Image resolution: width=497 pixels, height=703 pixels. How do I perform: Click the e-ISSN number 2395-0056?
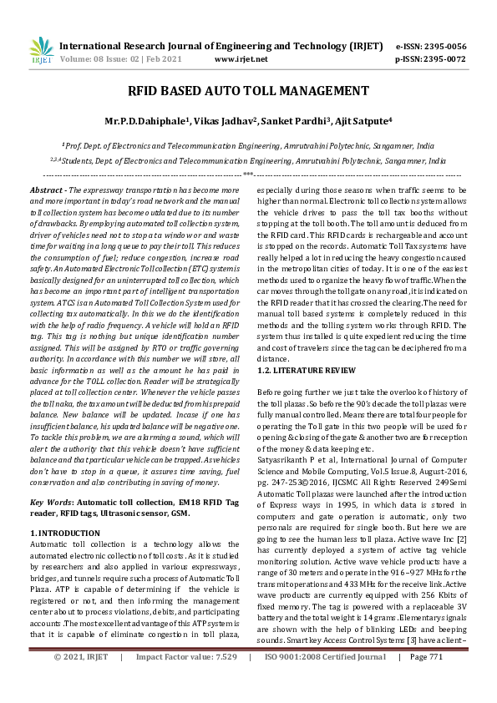click(443, 46)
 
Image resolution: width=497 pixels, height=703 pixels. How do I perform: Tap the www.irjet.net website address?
click(241, 59)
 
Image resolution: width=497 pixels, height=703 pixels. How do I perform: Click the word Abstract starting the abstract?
click(47, 191)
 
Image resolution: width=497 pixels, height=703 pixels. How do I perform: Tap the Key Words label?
click(49, 502)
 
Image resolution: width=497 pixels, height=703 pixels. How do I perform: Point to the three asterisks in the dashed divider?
click(248, 174)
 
